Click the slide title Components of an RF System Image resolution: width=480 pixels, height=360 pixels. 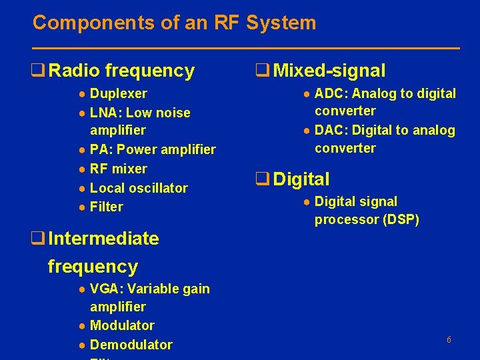pos(174,23)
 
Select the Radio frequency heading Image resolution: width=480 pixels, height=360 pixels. pos(121,71)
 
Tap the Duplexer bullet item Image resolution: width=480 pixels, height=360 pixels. pos(118,93)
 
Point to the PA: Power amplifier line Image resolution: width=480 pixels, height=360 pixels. pos(152,149)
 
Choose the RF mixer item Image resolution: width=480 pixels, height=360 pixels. pos(118,169)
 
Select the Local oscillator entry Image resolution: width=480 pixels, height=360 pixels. pos(138,188)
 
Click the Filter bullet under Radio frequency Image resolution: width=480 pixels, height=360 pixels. pos(106,207)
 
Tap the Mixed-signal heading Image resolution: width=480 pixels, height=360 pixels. pos(329,71)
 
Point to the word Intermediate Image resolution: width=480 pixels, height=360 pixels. pos(103,239)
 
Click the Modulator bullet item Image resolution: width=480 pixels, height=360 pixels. pos(121,325)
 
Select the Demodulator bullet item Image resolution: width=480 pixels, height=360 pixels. pos(131,345)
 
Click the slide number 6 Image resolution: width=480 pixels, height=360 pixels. pos(449,340)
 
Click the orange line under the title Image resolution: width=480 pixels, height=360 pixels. pos(246,48)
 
